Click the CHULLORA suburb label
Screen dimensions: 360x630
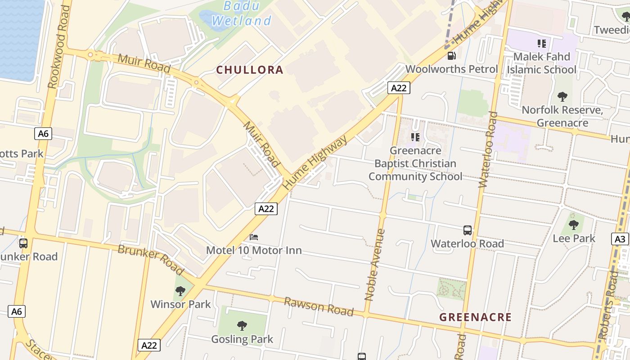coord(250,70)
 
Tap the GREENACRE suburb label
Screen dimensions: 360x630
coord(476,317)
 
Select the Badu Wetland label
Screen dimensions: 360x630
coord(242,13)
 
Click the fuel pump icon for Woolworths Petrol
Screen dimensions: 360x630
coord(451,56)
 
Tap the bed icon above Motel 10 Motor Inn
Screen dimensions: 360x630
coord(254,237)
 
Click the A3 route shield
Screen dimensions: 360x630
coord(620,239)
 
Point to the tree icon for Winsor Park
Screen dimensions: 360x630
coord(180,291)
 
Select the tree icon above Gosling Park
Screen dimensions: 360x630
coord(242,325)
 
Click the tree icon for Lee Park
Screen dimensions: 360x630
coord(574,225)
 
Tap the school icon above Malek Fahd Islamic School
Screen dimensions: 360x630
coord(542,44)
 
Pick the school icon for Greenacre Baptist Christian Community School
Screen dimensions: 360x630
coord(415,137)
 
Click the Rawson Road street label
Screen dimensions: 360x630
coord(319,306)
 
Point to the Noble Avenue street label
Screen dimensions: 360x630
coord(375,265)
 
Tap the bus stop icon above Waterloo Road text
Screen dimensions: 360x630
coord(468,230)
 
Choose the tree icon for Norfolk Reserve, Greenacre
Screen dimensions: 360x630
coord(562,96)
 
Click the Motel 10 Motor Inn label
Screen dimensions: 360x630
coord(254,250)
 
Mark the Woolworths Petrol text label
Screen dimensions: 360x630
coord(451,69)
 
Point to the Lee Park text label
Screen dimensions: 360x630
coord(574,238)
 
